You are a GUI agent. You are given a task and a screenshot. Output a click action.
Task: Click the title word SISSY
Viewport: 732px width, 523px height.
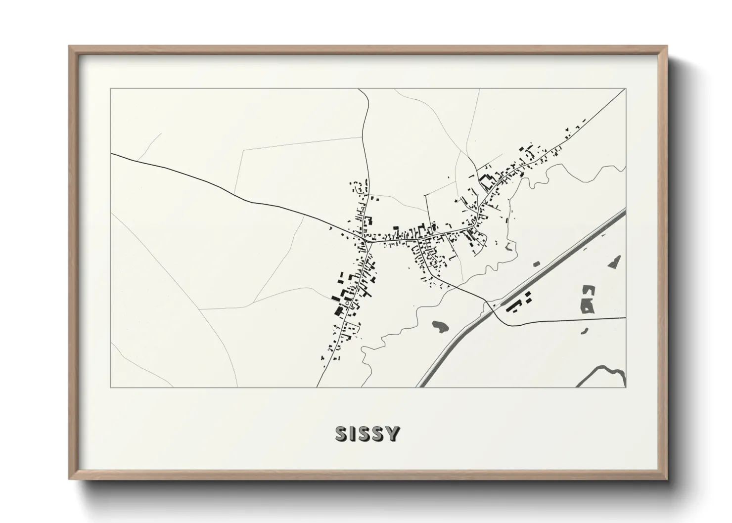(367, 434)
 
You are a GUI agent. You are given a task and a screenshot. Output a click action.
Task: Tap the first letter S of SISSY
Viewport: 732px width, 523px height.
(342, 434)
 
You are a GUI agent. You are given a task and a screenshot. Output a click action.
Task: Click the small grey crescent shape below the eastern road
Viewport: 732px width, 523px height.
(585, 330)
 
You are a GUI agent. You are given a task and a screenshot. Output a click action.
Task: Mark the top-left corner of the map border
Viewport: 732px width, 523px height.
(110, 89)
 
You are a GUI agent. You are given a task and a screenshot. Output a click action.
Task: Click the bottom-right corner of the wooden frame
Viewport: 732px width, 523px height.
(668, 479)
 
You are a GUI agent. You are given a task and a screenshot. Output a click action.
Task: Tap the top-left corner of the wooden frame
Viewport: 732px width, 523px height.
(69, 46)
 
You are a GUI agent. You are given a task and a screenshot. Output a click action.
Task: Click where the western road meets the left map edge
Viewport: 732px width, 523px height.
(111, 154)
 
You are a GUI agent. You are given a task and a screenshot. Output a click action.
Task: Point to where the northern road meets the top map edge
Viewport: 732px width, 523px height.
(360, 89)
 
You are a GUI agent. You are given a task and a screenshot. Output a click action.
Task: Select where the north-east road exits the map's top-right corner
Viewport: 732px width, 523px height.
(624, 91)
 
